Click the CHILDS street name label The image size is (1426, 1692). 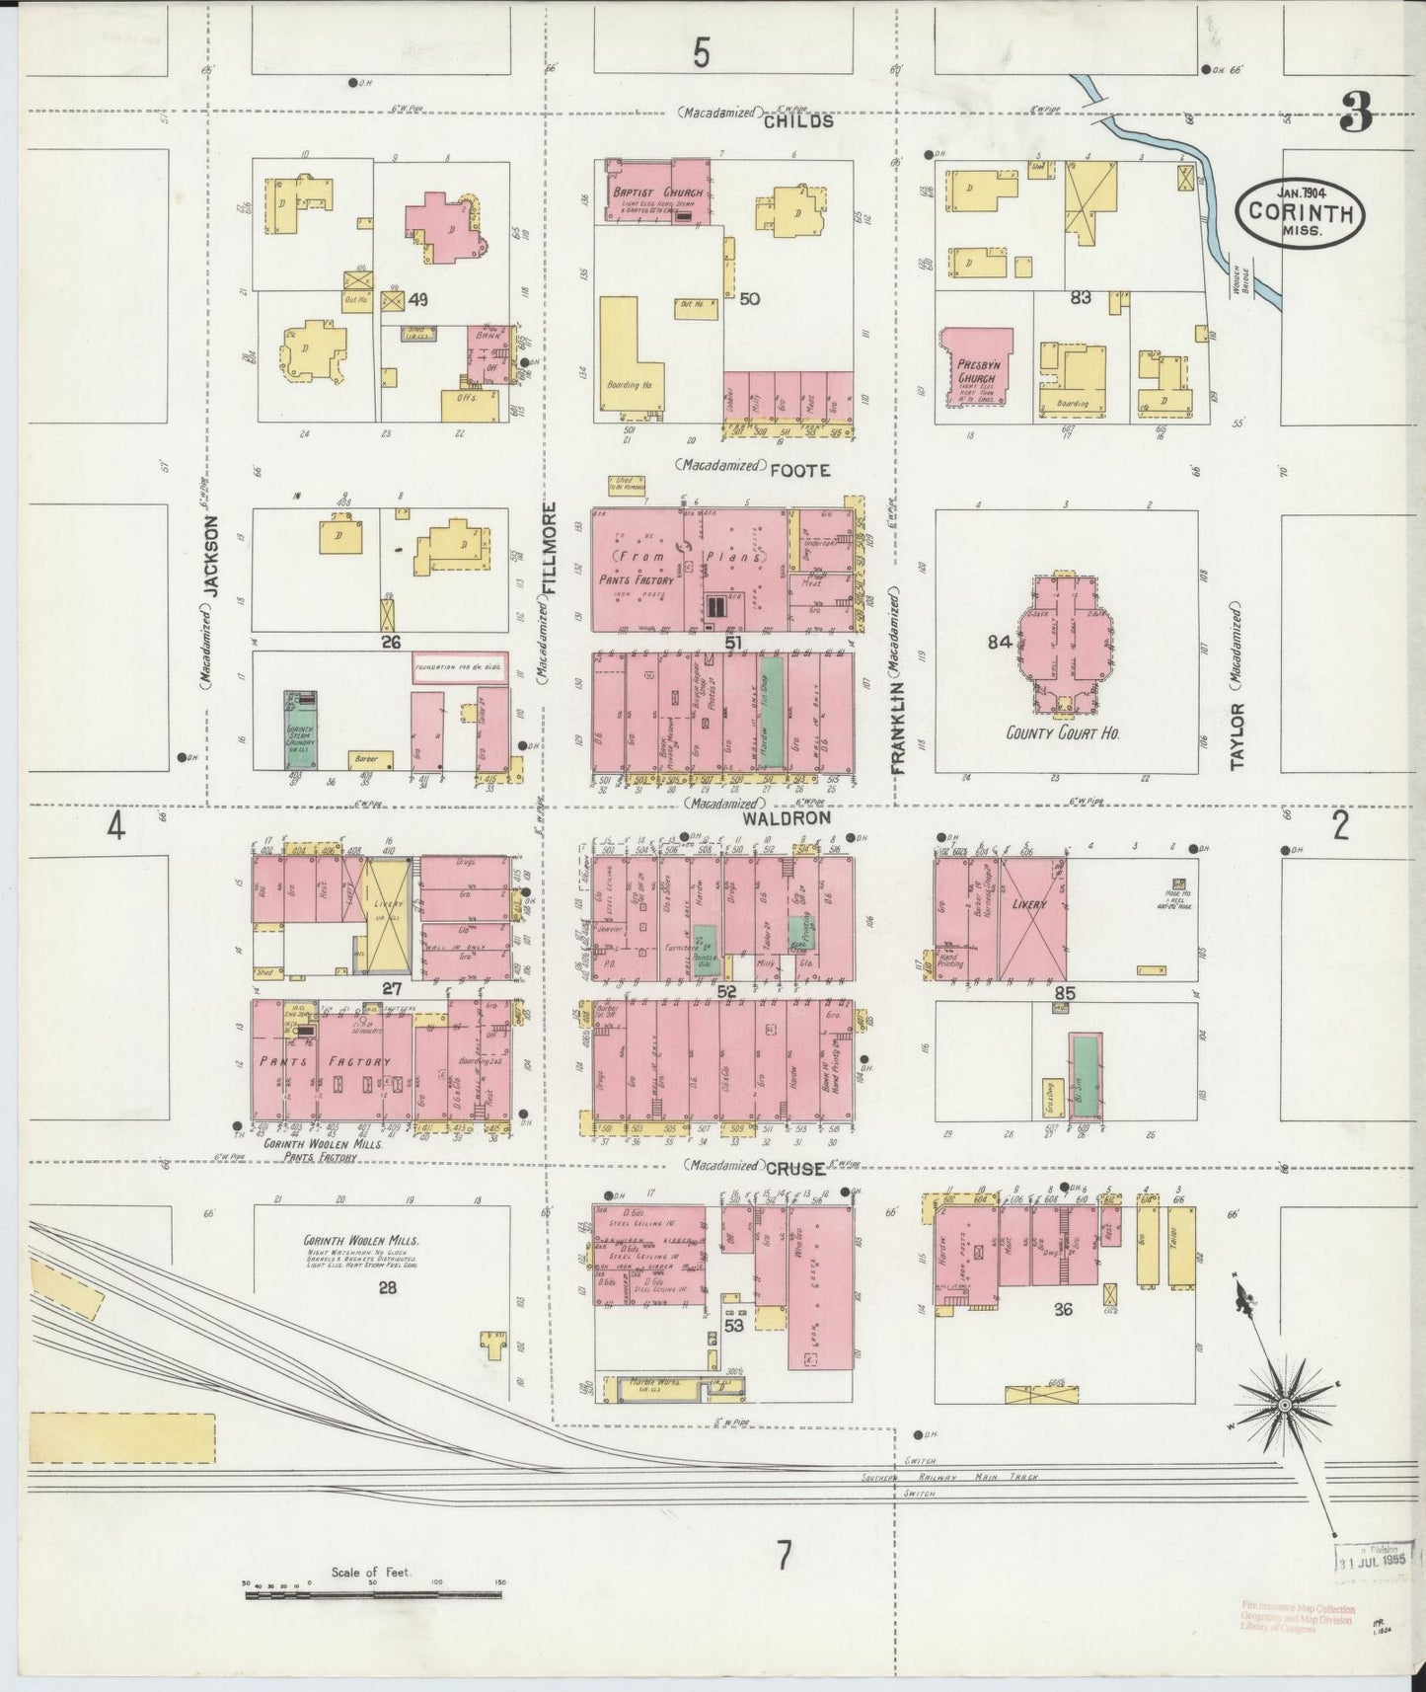click(x=797, y=121)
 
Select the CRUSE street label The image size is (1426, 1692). click(x=794, y=1168)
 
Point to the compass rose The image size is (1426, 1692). click(x=1285, y=1403)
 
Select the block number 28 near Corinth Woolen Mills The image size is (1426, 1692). click(x=386, y=1286)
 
